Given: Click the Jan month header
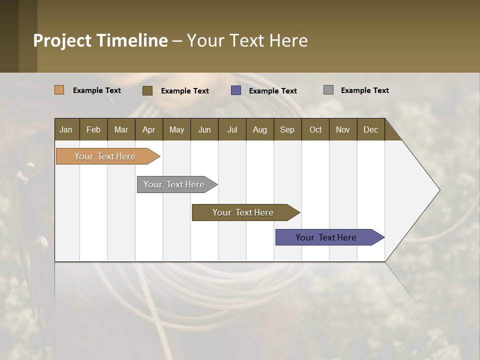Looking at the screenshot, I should point(66,129).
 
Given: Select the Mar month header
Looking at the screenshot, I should point(121,129).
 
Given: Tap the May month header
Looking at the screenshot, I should point(176,129).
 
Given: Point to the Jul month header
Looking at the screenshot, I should point(232,129).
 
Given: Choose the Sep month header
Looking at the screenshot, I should point(287,129).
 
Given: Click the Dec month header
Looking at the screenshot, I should point(370,129).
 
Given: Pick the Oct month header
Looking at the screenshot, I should point(315,129).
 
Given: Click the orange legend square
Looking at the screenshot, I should point(59,90).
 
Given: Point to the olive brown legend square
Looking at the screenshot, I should point(147,90).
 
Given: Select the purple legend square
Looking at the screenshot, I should point(236,90).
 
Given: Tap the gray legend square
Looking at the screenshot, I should point(328,90).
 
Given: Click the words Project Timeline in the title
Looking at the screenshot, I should point(100,40).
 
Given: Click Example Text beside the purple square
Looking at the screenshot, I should point(273,91).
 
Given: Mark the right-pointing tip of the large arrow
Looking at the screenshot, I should point(439,190).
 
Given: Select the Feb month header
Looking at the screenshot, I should point(93,129).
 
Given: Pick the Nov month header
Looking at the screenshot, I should point(343,129).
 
